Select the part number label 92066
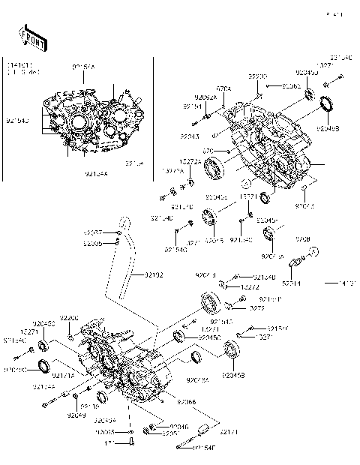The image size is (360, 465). point(186,403)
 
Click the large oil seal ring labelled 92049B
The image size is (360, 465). point(327,106)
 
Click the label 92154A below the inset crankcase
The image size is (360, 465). point(95,173)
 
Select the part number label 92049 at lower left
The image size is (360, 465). point(76,415)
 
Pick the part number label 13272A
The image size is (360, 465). point(189,160)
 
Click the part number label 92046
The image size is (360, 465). point(159,426)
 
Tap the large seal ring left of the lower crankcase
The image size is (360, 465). point(44,367)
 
